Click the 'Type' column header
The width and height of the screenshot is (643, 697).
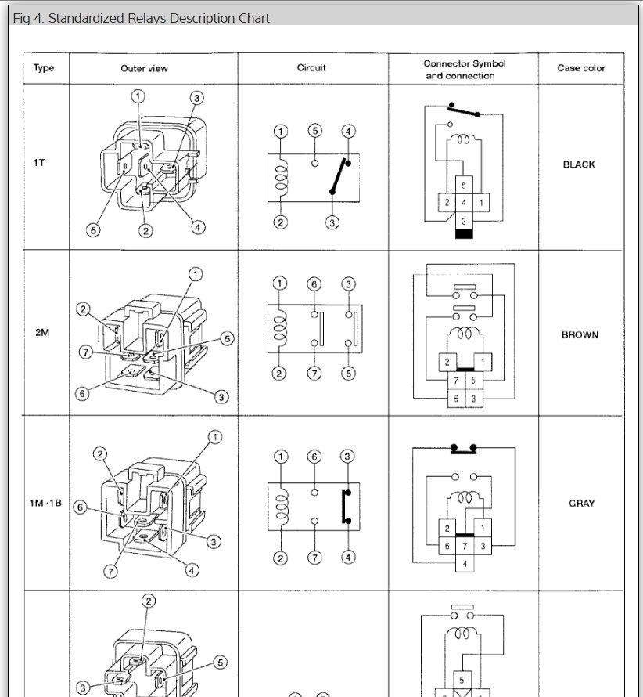[44, 68]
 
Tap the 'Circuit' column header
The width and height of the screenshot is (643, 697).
[311, 68]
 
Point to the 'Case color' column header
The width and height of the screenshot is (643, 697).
[581, 68]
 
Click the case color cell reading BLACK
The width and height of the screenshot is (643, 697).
[579, 165]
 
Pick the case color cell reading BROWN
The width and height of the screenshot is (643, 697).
[580, 334]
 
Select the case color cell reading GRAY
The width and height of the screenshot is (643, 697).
[581, 504]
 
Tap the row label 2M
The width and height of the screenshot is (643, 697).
[42, 332]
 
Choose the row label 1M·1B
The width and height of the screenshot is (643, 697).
[44, 504]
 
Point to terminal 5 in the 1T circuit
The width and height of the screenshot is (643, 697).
[314, 131]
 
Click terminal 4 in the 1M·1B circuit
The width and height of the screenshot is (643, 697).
[348, 558]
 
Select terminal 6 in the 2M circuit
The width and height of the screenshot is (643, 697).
[314, 283]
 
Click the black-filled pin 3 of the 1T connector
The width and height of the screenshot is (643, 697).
[463, 234]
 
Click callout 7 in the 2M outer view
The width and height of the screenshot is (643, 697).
[87, 352]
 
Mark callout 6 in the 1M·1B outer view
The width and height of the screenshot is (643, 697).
[80, 507]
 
